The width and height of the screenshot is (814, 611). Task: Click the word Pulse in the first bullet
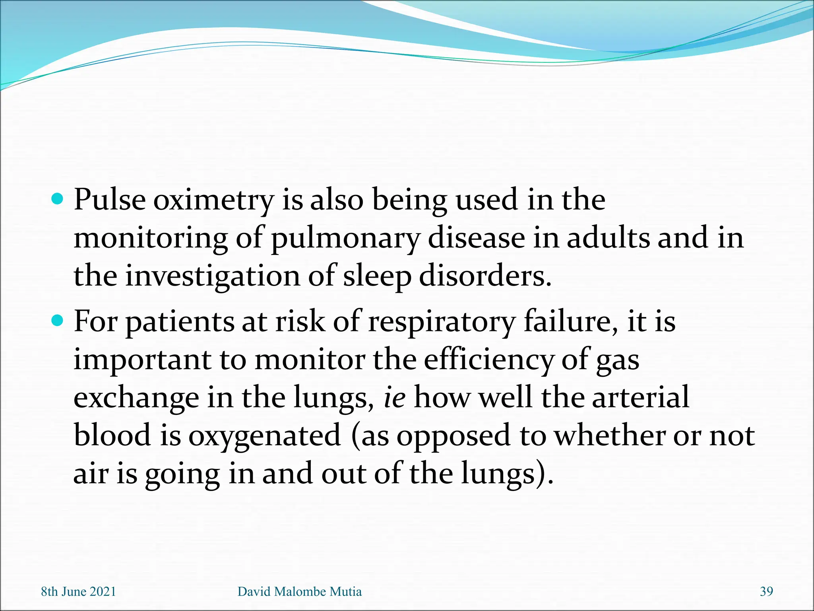110,200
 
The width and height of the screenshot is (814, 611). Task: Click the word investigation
213,277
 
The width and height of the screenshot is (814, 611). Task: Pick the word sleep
377,277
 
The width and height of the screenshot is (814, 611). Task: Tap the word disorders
485,276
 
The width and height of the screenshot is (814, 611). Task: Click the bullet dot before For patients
58,320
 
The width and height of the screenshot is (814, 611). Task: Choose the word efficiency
488,360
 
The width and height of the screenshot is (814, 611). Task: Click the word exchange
136,398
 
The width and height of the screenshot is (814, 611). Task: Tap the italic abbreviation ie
394,398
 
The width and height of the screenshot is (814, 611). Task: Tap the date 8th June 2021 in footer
78,592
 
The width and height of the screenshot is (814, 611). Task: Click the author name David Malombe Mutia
299,592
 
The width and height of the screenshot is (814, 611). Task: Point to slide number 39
766,592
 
